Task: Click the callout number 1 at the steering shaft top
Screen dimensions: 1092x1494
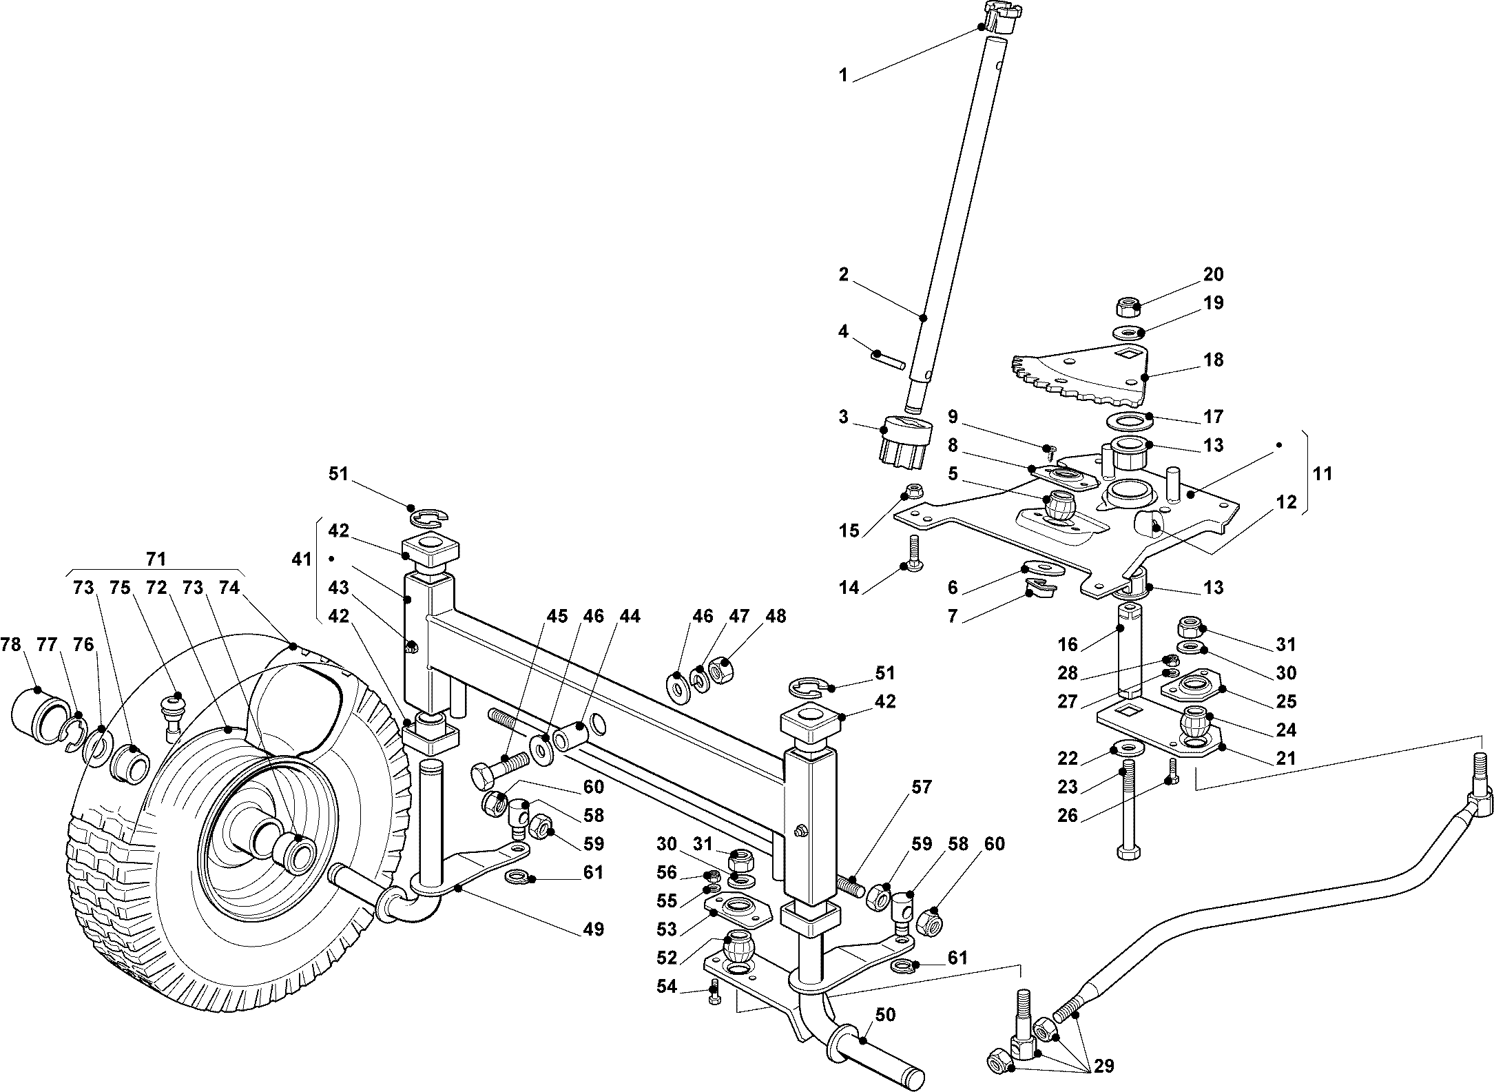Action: (x=843, y=74)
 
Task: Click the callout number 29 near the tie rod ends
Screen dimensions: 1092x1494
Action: (x=1103, y=1066)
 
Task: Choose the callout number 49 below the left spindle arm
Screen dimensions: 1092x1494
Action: (x=593, y=929)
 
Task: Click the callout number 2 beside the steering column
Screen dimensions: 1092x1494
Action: (x=844, y=274)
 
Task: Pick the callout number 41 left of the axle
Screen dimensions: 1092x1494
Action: (x=302, y=559)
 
